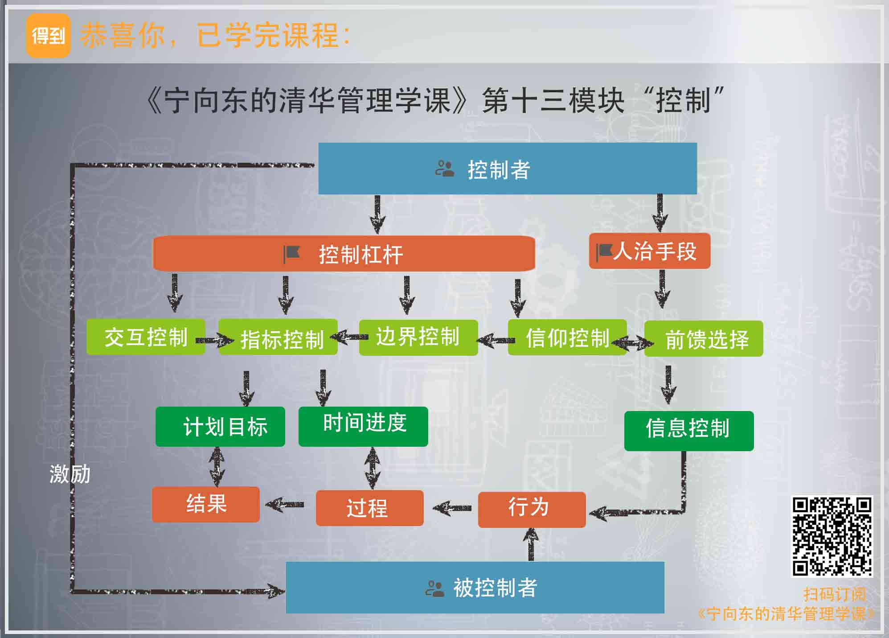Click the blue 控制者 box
tap(507, 169)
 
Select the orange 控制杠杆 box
tap(344, 254)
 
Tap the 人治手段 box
tap(649, 251)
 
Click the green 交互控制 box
tap(146, 337)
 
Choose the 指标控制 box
tap(278, 338)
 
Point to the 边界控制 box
tap(418, 338)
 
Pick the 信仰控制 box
tap(567, 338)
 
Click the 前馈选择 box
tap(704, 338)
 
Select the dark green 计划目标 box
tap(220, 427)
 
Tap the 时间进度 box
tap(363, 427)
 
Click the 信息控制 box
tap(688, 431)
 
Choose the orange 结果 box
tap(205, 504)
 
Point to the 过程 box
tap(369, 508)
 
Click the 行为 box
tap(532, 509)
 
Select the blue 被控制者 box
tap(475, 587)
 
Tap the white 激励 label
tap(70, 474)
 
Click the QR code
tap(832, 536)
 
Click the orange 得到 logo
tap(48, 36)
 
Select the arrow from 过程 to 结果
tap(285, 505)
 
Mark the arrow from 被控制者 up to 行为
tap(531, 544)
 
